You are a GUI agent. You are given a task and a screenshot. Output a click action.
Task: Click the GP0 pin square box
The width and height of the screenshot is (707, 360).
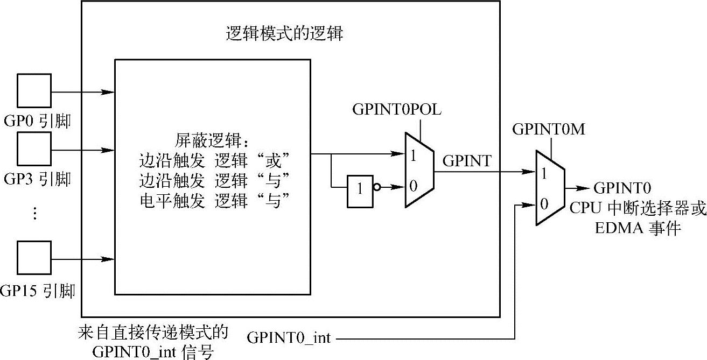[34, 91]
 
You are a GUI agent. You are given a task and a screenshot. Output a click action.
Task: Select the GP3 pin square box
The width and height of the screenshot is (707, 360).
[34, 149]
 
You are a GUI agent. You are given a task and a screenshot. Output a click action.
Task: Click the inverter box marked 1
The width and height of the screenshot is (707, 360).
[359, 190]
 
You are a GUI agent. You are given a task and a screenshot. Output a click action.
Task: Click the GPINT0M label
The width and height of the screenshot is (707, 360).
[549, 129]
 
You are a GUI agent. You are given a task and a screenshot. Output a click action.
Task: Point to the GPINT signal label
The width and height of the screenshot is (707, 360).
[466, 160]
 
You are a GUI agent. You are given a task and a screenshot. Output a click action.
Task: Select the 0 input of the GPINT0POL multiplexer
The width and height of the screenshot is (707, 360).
[413, 187]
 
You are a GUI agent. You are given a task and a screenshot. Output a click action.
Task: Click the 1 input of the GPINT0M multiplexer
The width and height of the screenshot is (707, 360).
[544, 174]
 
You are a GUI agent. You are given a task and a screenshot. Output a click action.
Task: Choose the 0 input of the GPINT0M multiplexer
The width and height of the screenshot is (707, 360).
[544, 203]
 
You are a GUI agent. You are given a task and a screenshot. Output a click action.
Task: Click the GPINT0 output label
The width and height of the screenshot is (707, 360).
[622, 188]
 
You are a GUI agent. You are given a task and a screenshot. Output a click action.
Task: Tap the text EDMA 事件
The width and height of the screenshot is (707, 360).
[638, 229]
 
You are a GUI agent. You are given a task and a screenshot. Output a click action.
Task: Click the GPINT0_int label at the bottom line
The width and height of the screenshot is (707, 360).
[289, 338]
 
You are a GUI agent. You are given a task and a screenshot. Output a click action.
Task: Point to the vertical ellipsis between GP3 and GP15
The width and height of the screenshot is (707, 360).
[34, 214]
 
